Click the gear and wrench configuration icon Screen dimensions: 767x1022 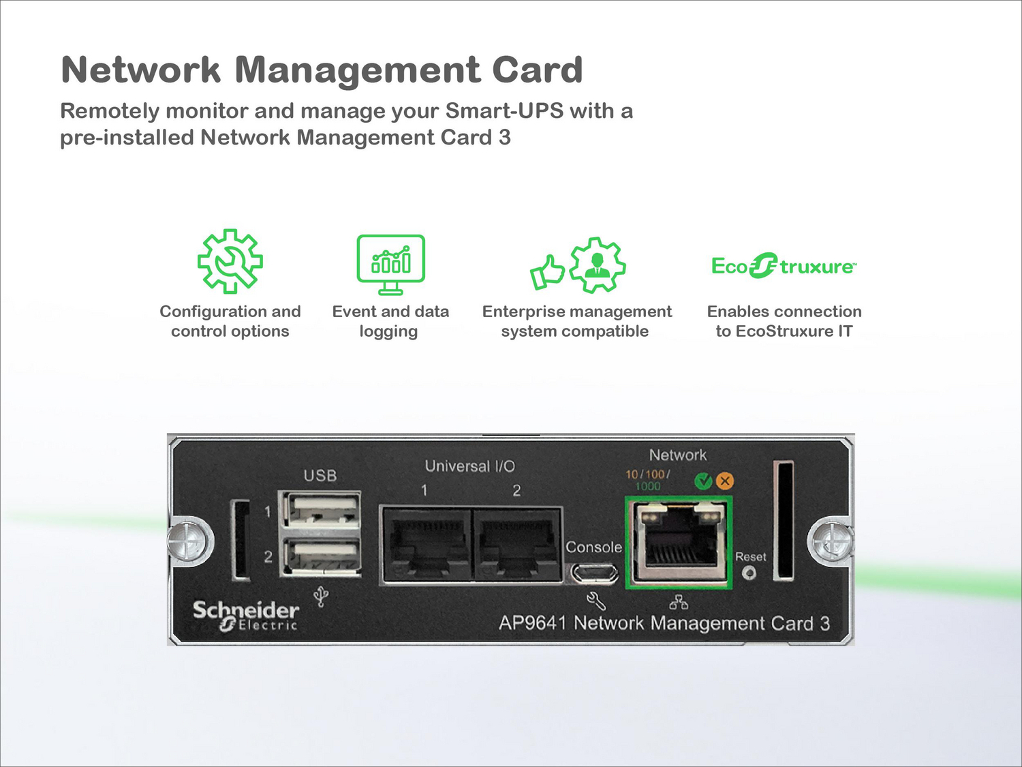(230, 262)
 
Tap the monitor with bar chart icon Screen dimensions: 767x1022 (390, 264)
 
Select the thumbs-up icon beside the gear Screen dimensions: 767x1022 (547, 271)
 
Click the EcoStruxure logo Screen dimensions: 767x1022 (784, 266)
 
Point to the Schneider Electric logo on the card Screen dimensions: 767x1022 (245, 615)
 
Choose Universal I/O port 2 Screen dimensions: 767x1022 (517, 543)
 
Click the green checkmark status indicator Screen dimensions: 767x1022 (702, 481)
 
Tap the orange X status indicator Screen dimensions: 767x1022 (725, 481)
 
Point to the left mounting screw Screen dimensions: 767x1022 (188, 543)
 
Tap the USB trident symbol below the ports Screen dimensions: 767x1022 (321, 597)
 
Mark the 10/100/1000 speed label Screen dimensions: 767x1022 (647, 480)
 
